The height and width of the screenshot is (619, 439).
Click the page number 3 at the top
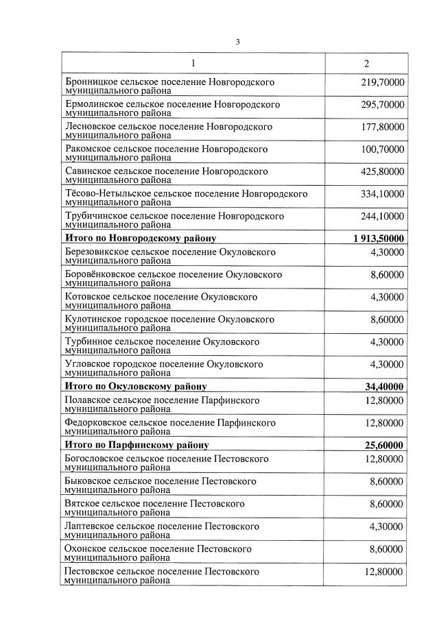coord(237,42)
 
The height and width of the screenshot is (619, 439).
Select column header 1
coord(193,64)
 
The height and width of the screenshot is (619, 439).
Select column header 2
coord(366,64)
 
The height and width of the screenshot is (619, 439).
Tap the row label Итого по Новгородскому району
coord(141,238)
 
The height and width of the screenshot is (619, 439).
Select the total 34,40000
coord(384,386)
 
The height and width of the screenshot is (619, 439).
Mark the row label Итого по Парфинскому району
coord(137,445)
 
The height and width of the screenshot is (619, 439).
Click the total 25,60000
coord(384,445)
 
